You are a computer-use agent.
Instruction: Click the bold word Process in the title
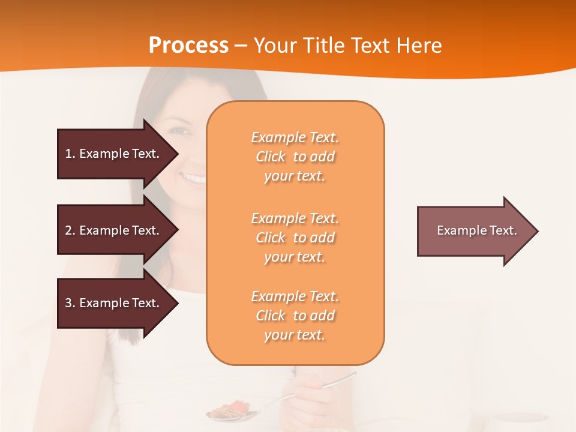(188, 46)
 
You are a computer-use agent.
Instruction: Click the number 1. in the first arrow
(70, 154)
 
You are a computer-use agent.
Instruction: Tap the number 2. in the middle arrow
(70, 230)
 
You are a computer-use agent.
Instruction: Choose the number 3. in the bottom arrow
(70, 303)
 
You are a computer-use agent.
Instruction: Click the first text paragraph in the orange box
(295, 157)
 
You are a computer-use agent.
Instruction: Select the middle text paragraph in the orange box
(295, 238)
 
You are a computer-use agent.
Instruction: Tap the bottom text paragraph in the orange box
(295, 316)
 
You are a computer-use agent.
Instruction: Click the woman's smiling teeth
(194, 178)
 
